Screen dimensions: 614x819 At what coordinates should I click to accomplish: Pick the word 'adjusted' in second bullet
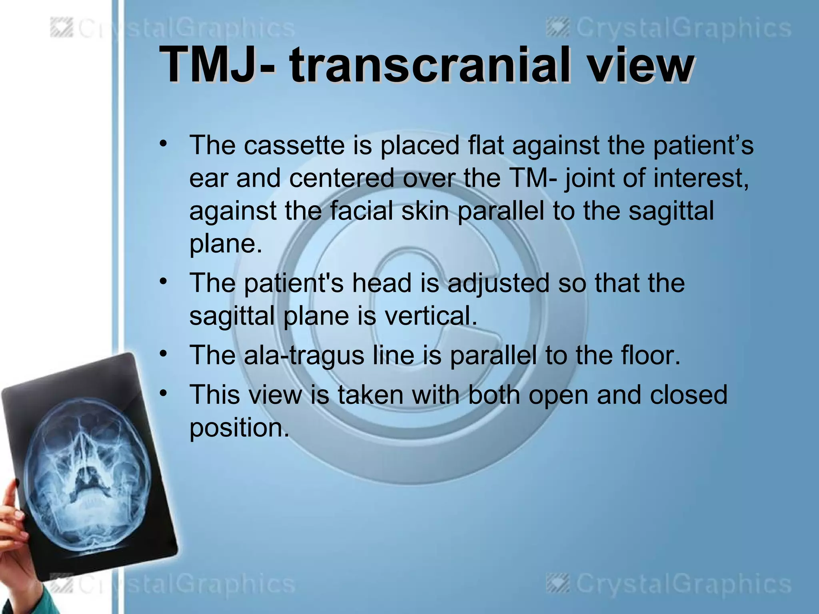click(x=498, y=283)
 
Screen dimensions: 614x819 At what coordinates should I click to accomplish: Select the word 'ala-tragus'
click(x=304, y=355)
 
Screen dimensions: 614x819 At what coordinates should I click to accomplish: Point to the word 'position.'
click(x=239, y=427)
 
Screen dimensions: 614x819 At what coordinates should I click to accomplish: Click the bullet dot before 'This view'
click(x=162, y=393)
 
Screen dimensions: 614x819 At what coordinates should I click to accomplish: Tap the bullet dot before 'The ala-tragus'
click(x=162, y=354)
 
